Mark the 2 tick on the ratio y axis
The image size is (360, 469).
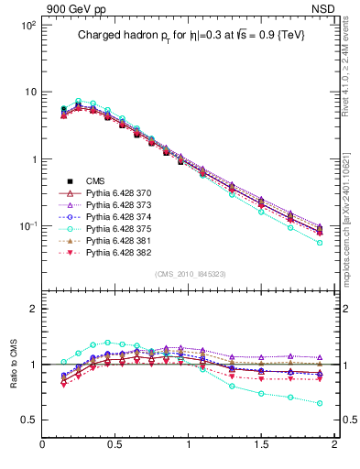32,309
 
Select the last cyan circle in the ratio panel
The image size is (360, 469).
320,403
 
